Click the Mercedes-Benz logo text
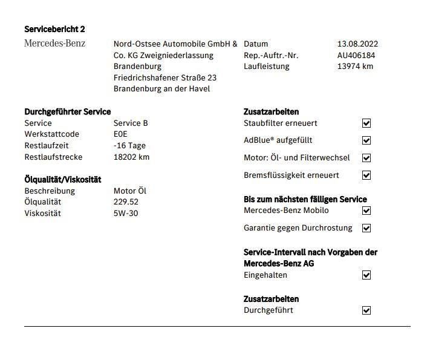point(54,44)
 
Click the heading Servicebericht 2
point(54,29)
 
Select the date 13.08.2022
point(357,44)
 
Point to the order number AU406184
point(356,55)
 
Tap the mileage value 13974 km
point(355,67)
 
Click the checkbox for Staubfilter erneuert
point(366,123)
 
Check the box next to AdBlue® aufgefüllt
point(366,140)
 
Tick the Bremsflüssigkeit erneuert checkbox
point(366,175)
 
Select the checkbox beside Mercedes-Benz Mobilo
point(366,211)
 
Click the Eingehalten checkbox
point(366,275)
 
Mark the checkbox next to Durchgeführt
point(366,310)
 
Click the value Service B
point(131,123)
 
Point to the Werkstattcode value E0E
point(120,134)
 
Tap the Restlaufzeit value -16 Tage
point(129,146)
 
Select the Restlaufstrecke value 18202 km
point(131,157)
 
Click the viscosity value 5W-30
point(126,214)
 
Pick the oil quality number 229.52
point(126,202)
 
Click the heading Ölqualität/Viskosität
point(63,180)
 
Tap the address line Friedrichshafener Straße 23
point(165,78)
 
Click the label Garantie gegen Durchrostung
point(298,228)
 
